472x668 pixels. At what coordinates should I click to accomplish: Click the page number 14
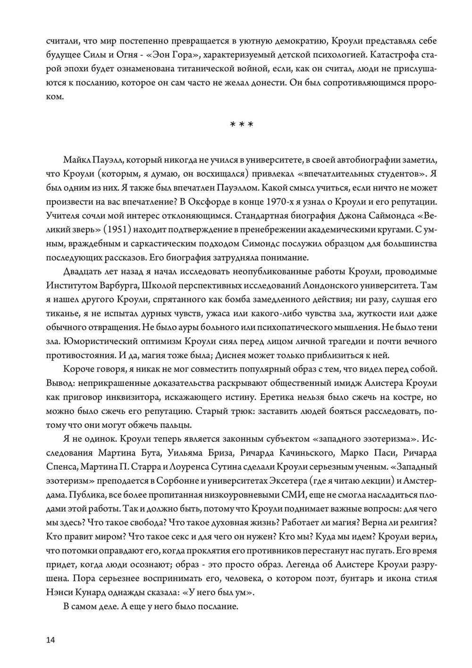coord(51,640)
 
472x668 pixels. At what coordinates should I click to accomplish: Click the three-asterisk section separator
coord(241,125)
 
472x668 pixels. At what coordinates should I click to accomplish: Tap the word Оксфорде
coord(215,202)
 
